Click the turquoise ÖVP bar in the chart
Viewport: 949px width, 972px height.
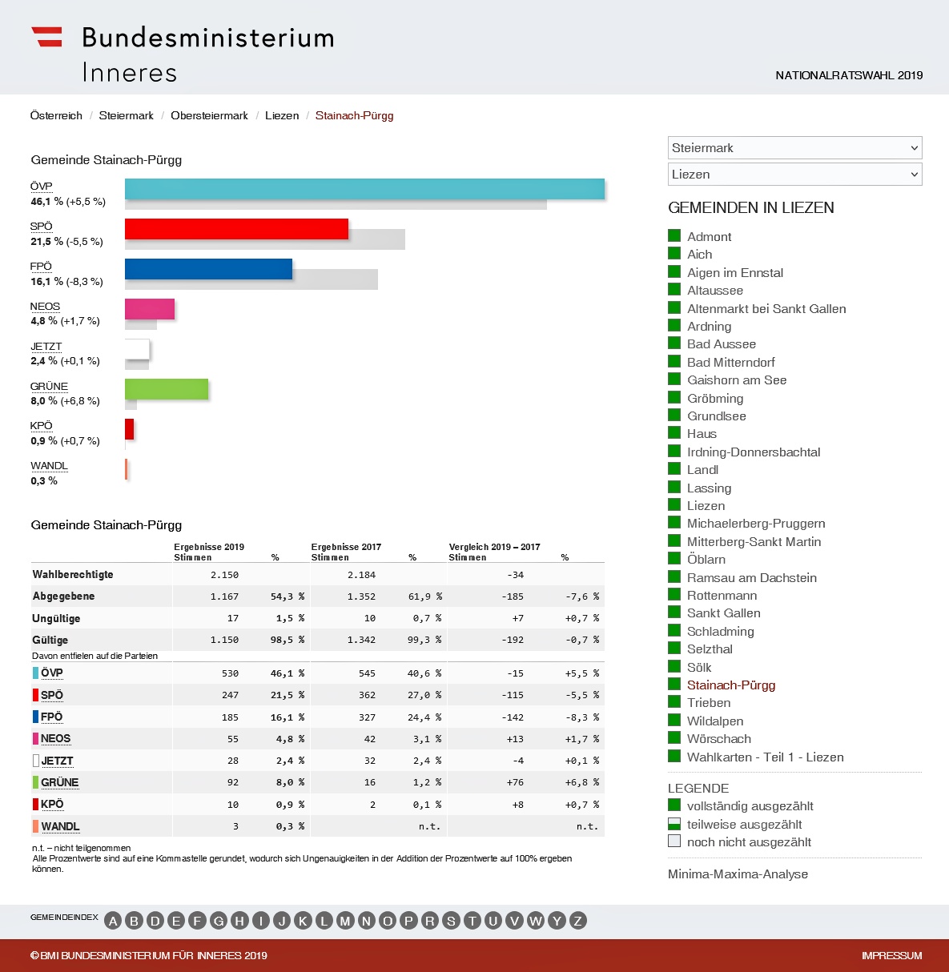(364, 189)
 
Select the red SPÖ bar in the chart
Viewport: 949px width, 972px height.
(236, 229)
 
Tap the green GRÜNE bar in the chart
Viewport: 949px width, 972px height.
(167, 389)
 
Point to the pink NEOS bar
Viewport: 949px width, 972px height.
(150, 309)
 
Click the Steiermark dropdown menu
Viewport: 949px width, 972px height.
(794, 148)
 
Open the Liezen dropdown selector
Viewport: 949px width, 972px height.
(794, 175)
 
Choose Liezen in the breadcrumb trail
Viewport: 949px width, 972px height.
(282, 116)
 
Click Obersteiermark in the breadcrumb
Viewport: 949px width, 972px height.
(209, 116)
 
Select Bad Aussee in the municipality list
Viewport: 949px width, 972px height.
(721, 344)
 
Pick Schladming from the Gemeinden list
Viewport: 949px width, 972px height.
(720, 632)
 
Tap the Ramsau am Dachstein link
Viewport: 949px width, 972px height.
(751, 578)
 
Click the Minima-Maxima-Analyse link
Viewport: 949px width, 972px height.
(738, 874)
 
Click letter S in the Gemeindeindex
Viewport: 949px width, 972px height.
(451, 921)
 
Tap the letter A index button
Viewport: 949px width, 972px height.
(113, 921)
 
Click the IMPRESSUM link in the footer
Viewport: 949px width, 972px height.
(891, 956)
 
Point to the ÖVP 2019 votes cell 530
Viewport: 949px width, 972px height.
(230, 673)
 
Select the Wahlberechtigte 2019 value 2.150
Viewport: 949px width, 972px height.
(224, 575)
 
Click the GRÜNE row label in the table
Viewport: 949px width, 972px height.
(59, 783)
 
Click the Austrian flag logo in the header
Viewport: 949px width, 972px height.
(46, 37)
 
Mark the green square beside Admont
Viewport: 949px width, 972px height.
(674, 236)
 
